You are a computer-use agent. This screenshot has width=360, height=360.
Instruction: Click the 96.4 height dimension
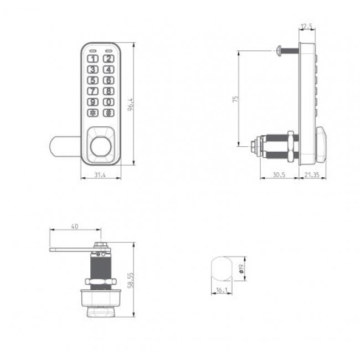pos(131,104)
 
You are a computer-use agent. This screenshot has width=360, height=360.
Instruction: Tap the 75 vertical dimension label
pos(235,99)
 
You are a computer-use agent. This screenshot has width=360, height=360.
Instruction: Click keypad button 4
pos(109,69)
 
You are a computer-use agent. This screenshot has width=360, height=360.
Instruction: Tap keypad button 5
pos(93,80)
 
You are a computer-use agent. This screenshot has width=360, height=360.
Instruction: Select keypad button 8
pos(109,91)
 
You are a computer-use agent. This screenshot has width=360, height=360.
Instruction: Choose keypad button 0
pos(109,102)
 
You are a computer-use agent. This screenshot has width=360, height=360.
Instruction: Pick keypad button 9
pos(93,102)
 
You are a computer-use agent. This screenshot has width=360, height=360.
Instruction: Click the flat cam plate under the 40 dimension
pos(72,249)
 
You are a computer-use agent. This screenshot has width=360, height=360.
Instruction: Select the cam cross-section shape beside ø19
pos(222,269)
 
